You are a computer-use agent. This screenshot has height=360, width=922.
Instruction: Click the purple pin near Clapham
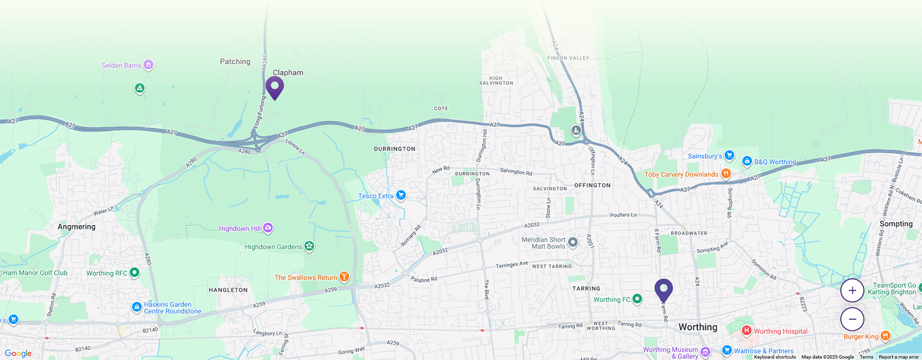pos(274,87)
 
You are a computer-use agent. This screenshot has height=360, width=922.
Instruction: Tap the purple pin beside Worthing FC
pos(663,289)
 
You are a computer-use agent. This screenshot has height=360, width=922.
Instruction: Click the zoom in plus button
pos(852,291)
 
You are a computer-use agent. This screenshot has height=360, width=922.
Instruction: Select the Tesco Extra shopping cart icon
pos(401,196)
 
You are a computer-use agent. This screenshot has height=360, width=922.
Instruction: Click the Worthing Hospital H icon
pos(746,331)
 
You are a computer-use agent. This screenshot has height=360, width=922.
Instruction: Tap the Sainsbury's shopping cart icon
pos(729,156)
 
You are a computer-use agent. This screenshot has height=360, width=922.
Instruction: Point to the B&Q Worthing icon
pos(746,161)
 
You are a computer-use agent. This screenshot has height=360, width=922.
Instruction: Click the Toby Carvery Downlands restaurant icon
pos(726,174)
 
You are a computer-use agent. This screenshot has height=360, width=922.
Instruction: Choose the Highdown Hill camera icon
pos(268,228)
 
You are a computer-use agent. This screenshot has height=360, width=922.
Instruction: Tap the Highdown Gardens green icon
pos(309,246)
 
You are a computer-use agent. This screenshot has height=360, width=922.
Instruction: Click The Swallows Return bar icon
pos(344,277)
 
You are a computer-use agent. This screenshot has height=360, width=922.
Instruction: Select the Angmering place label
pos(76,227)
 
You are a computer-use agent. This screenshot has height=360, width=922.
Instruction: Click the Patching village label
pos(235,61)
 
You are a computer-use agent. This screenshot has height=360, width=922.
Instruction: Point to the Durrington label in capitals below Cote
pos(395,149)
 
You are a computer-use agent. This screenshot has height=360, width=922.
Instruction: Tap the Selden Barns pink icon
pos(148,65)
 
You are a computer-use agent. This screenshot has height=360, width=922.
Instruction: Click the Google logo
pos(18,353)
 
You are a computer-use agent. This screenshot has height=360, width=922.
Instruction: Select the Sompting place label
pos(896,224)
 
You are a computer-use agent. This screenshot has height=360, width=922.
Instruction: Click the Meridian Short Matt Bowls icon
pos(573,243)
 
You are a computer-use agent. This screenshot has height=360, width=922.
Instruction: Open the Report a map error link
pos(899,357)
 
